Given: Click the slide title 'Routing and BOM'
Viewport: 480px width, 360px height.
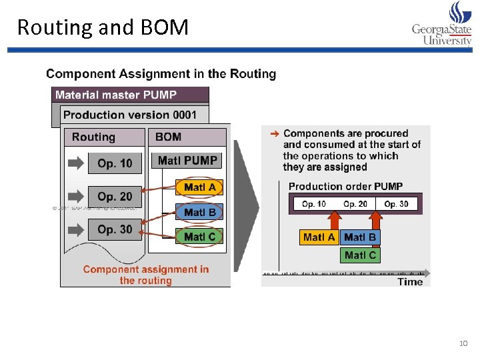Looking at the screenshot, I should [103, 27].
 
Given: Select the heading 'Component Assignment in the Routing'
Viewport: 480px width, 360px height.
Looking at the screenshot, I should [161, 74].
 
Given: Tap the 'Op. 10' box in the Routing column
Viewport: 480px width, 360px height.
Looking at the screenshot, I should [114, 163].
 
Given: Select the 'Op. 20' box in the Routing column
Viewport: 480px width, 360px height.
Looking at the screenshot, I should [115, 197].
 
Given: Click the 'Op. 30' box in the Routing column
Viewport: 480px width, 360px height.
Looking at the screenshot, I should [115, 229].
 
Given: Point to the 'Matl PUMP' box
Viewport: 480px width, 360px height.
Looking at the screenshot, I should [187, 161].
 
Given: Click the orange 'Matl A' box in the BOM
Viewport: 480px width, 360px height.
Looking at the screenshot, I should [199, 187].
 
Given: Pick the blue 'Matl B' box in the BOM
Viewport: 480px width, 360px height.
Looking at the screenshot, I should [199, 213].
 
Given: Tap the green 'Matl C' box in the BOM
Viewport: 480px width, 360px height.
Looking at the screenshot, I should [199, 236].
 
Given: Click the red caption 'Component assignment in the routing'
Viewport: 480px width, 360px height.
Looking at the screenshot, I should [145, 275].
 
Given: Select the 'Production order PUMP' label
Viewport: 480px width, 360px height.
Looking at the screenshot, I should [345, 187].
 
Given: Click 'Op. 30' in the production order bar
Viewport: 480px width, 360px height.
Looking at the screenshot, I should [396, 204].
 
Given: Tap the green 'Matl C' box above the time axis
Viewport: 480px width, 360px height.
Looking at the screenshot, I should [360, 255].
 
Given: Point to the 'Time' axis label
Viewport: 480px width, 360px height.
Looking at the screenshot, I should [410, 282].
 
